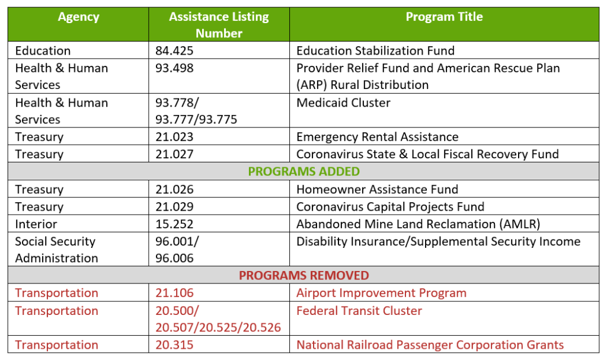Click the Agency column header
point(79,17)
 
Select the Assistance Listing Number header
point(219,25)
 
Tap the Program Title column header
point(444,17)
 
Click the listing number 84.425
point(174,51)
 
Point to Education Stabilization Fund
point(375,51)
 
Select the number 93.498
point(174,68)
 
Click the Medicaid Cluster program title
point(343,103)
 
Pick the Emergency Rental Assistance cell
point(378,137)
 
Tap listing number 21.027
point(174,154)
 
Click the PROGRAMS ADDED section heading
point(304,171)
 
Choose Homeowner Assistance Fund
point(378,189)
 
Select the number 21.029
point(174,206)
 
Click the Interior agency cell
point(36,224)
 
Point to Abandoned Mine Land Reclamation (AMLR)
point(418,224)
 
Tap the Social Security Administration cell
point(56,250)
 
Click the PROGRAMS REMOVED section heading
point(304,275)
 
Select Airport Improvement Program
point(381,293)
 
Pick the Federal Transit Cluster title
point(359,311)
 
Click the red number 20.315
point(174,345)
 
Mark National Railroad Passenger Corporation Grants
point(430,345)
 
